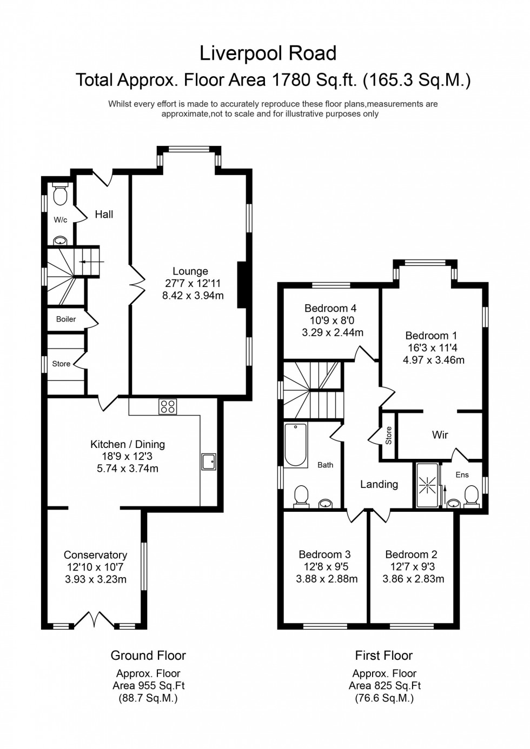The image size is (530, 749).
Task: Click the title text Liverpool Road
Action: click(268, 53)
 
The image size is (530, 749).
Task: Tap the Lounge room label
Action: click(190, 271)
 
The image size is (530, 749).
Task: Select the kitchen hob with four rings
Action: click(168, 406)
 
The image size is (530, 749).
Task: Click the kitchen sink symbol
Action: click(208, 461)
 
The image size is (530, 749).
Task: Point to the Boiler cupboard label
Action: click(66, 319)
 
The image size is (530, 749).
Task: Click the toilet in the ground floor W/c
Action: click(59, 195)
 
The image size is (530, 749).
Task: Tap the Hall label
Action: click(104, 215)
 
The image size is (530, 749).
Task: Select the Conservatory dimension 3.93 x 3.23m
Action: click(95, 579)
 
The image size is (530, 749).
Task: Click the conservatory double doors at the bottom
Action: click(95, 619)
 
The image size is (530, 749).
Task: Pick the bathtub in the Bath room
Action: click(295, 445)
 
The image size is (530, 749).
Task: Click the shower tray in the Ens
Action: click(427, 485)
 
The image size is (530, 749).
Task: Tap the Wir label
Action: click(440, 434)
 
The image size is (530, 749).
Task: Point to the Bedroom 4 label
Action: click(330, 309)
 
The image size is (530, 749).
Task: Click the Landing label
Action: click(379, 485)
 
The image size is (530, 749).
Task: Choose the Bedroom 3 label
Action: click(324, 554)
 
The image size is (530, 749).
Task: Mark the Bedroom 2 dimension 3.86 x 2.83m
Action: click(413, 579)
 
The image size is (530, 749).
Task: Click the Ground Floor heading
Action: click(148, 656)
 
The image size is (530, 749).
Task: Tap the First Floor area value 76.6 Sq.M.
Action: click(384, 698)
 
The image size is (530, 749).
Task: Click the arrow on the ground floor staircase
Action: click(84, 262)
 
